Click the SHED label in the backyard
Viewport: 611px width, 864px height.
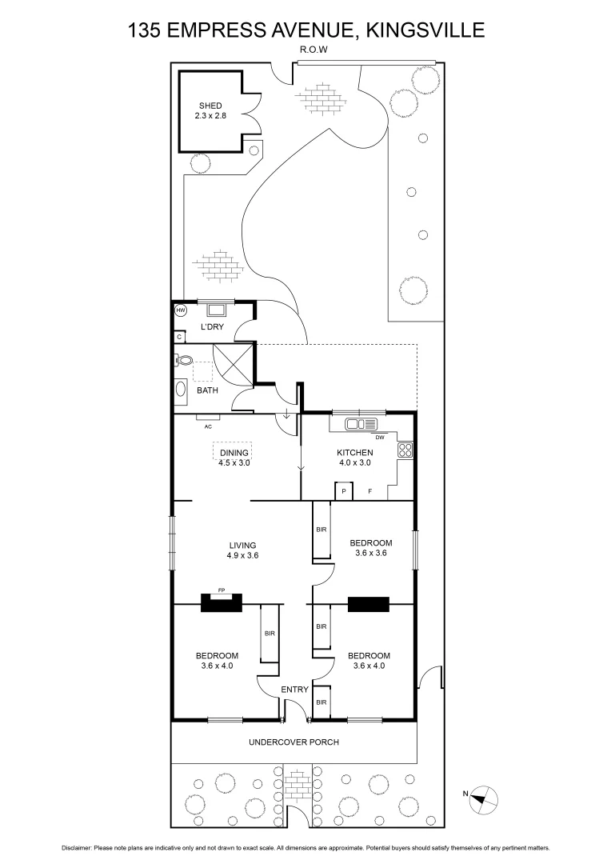(x=210, y=106)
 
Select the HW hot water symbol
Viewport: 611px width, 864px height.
(x=180, y=310)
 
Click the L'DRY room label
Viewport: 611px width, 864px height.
(x=212, y=327)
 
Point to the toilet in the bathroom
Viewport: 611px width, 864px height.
(x=182, y=361)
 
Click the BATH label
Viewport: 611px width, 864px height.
(x=208, y=390)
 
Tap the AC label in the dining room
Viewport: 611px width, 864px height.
(x=208, y=426)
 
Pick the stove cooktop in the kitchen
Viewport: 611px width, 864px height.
(x=405, y=450)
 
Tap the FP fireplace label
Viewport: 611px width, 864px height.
(x=222, y=590)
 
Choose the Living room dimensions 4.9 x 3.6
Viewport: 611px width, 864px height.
(x=242, y=555)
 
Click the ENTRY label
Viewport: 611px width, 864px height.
(x=294, y=690)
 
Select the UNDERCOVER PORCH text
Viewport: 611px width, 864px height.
(x=294, y=742)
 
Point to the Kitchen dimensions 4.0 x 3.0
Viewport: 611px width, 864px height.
(x=354, y=462)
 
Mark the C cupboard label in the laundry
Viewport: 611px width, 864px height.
(x=179, y=338)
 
